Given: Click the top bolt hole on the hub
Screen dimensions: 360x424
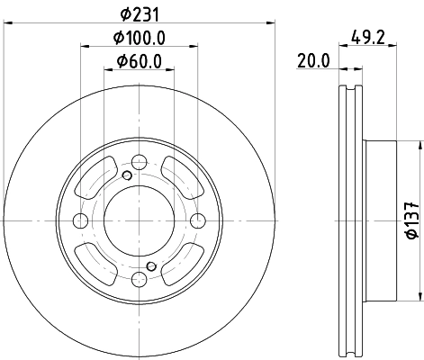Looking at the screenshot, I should point(139,162).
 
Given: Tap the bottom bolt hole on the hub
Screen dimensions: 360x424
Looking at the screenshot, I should point(139,282).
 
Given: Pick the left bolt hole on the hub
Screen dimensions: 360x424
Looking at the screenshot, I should point(79,221).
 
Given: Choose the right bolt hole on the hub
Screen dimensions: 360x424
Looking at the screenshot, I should point(198,221).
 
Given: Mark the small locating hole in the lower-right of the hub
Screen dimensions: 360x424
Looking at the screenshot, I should point(151,266).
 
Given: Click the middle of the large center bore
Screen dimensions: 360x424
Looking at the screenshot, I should point(139,221).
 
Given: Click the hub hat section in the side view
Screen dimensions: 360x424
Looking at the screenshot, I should point(380,221).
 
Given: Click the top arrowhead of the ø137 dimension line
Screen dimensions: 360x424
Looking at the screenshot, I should point(420,144).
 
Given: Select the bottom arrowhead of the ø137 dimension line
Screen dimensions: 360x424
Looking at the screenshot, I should point(420,299).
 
